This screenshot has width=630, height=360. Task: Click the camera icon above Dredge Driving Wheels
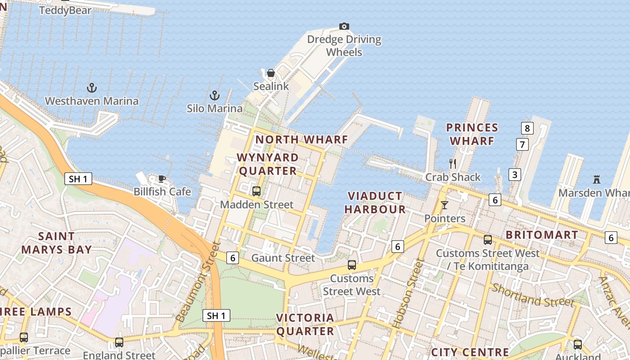click(344, 27)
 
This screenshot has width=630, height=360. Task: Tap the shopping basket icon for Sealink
click(271, 73)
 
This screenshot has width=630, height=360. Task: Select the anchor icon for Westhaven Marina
click(92, 88)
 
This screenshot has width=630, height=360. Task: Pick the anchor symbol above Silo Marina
click(215, 95)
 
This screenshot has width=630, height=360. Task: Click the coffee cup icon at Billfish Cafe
click(162, 179)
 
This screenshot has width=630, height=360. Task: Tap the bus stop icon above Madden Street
click(256, 191)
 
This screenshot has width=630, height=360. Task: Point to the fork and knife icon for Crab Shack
click(453, 164)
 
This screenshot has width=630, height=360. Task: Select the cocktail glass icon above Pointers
click(445, 205)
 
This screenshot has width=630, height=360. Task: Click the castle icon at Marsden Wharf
click(597, 180)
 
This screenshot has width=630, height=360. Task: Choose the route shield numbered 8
click(527, 128)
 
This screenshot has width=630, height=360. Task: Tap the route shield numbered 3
click(515, 175)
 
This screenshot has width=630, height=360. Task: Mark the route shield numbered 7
click(522, 144)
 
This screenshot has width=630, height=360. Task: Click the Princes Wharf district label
click(472, 134)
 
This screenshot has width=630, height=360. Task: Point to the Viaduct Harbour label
click(375, 202)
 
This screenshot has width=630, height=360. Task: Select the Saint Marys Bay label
click(56, 243)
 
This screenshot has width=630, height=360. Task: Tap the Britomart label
click(542, 235)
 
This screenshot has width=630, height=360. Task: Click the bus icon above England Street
click(119, 342)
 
